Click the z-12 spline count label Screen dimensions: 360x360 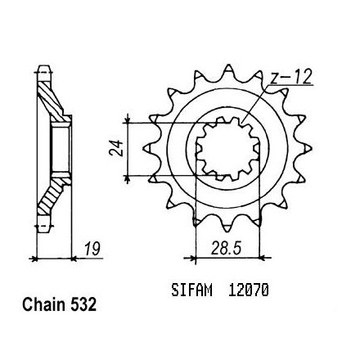pyautogui.click(x=291, y=77)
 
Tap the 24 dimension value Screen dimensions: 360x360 pyautogui.click(x=116, y=148)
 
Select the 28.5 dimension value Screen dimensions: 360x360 pyautogui.click(x=227, y=249)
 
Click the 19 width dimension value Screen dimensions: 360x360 pyautogui.click(x=92, y=249)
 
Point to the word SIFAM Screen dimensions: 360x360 pyautogui.click(x=191, y=290)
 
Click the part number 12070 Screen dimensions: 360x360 pyautogui.click(x=249, y=290)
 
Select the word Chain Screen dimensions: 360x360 pyautogui.click(x=44, y=304)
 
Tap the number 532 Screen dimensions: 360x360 pyautogui.click(x=83, y=304)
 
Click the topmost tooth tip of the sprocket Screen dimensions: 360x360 pyautogui.click(x=228, y=65)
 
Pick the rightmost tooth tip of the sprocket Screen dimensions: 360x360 pyautogui.click(x=311, y=148)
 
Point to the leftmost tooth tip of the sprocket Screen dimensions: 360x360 pyautogui.click(x=144, y=148)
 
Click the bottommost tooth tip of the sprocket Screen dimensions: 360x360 pyautogui.click(x=228, y=232)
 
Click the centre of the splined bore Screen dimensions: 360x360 pyautogui.click(x=228, y=149)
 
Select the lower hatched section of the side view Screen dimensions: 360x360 pyautogui.click(x=51, y=196)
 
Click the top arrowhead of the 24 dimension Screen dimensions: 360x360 pyautogui.click(x=127, y=120)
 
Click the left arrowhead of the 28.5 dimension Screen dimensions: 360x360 pyautogui.click(x=192, y=257)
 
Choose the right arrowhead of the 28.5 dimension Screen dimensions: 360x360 pyautogui.click(x=263, y=257)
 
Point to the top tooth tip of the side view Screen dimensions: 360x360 pyautogui.click(x=44, y=66)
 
